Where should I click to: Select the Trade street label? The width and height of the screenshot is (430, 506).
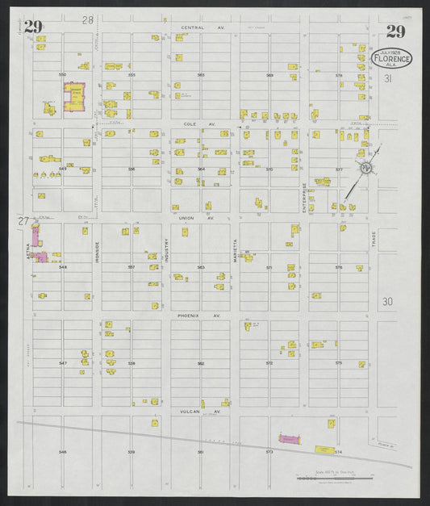click(x=374, y=239)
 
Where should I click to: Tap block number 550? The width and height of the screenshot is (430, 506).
click(x=61, y=74)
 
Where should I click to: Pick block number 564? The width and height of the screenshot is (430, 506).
click(x=201, y=169)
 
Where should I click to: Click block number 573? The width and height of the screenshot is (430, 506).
click(x=269, y=452)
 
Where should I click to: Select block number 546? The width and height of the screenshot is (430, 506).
click(x=62, y=452)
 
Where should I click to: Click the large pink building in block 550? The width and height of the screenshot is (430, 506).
click(x=74, y=95)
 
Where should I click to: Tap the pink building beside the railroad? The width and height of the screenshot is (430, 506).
click(x=289, y=438)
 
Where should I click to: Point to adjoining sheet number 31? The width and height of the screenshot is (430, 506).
click(x=387, y=79)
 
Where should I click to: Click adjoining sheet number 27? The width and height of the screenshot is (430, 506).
click(x=23, y=220)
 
